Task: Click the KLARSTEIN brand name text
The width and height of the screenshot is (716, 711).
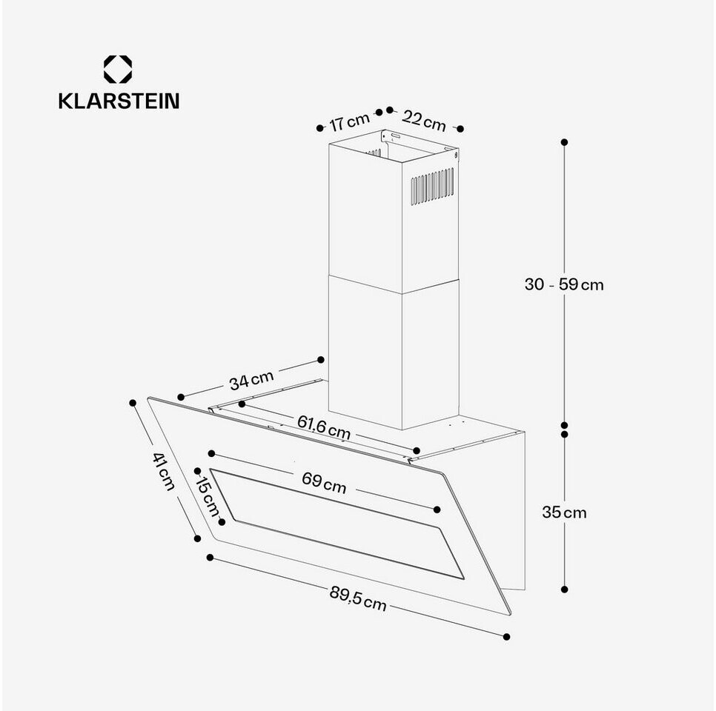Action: (119, 101)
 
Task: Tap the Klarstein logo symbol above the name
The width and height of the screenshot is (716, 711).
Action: (118, 70)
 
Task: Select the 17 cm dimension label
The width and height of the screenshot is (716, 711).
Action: (349, 122)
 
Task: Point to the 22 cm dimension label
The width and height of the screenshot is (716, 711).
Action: (424, 121)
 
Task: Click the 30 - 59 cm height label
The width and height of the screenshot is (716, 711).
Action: (564, 284)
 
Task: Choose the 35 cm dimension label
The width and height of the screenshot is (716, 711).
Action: (564, 513)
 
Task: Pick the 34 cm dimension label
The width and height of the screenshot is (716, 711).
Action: (251, 380)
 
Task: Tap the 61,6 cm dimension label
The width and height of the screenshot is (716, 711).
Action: (324, 427)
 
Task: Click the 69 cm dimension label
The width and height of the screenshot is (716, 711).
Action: (324, 484)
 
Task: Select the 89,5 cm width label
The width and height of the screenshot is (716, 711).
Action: (358, 598)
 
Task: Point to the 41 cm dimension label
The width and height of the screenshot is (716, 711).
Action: (164, 472)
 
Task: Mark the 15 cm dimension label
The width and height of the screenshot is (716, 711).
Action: (208, 496)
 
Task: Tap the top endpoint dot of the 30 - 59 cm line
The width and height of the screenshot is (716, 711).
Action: (564, 142)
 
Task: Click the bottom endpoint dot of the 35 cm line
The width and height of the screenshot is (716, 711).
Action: (564, 589)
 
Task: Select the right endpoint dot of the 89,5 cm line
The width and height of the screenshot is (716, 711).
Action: (506, 637)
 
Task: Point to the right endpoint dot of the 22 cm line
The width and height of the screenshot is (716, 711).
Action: (460, 129)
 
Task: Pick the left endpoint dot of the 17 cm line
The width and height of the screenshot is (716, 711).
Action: (319, 128)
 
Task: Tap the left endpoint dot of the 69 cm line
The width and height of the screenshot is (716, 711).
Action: (211, 453)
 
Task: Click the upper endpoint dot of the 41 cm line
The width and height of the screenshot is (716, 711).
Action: (133, 403)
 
